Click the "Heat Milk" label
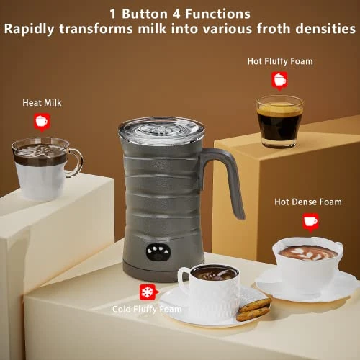[x=42, y=103]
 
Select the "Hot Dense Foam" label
[x=307, y=202]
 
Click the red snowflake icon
[x=146, y=292]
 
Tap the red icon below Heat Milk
[x=41, y=121]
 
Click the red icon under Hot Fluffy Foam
[x=279, y=80]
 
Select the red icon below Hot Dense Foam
[x=310, y=220]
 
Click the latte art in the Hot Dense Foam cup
[x=309, y=253]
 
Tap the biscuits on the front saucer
[x=253, y=310]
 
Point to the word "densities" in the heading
[x=323, y=30]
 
